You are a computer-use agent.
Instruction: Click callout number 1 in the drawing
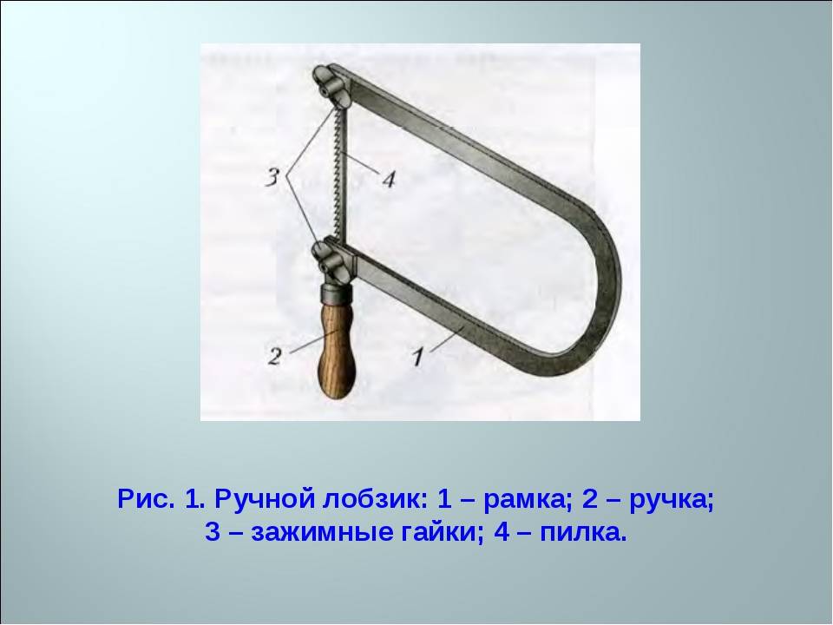coord(418,356)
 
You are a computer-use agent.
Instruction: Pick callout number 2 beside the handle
coord(275,356)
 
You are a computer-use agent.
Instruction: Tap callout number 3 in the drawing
coord(272,177)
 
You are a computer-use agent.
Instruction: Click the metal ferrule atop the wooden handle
coord(337,293)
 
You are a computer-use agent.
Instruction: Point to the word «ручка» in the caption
coord(672,500)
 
